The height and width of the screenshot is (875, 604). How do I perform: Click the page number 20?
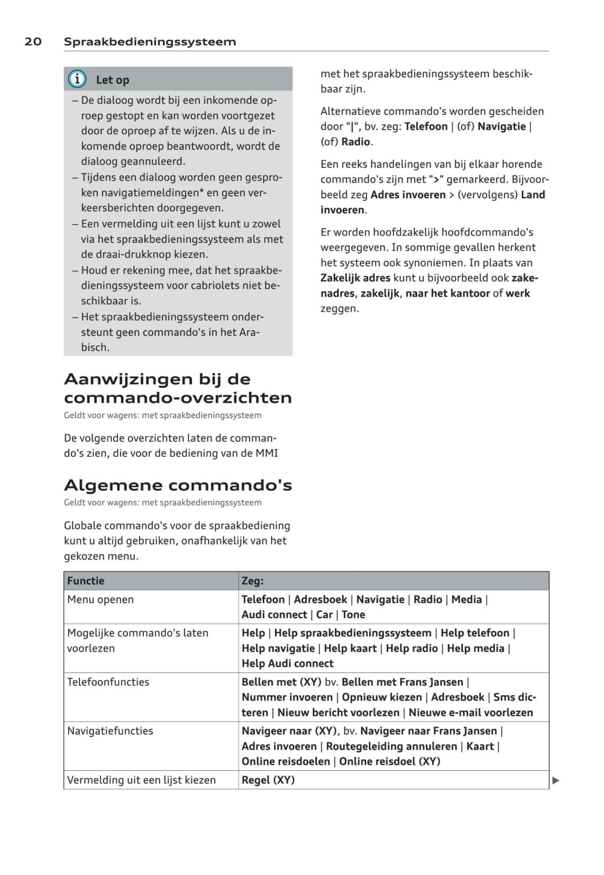click(x=33, y=42)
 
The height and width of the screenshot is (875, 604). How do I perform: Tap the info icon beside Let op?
click(x=77, y=79)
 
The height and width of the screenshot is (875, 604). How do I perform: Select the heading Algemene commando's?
click(x=178, y=485)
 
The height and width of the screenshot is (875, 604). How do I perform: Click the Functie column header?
click(x=86, y=581)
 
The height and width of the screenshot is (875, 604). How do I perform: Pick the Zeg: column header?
click(x=252, y=581)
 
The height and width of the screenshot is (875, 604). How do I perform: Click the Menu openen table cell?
click(x=100, y=599)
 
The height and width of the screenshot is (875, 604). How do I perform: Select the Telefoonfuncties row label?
click(x=108, y=682)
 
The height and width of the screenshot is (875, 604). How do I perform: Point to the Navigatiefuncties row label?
click(x=110, y=731)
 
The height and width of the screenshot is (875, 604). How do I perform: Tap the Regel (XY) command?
click(x=268, y=780)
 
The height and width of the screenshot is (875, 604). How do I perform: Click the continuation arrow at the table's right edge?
click(x=555, y=780)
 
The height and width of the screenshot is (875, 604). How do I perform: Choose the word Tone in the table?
click(x=353, y=615)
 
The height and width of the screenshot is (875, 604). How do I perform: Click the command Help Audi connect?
click(x=288, y=663)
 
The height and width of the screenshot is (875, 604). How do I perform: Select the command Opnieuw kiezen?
click(x=382, y=697)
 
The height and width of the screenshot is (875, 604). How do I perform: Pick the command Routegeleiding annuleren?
click(x=391, y=746)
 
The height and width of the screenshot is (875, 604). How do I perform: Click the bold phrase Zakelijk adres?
click(x=355, y=278)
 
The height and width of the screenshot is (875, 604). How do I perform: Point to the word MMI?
click(x=267, y=453)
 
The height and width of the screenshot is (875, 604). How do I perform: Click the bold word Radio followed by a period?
click(x=355, y=142)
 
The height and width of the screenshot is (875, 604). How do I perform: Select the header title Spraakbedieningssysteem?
click(x=150, y=42)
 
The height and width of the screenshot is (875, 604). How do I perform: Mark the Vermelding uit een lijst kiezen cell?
click(x=141, y=780)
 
